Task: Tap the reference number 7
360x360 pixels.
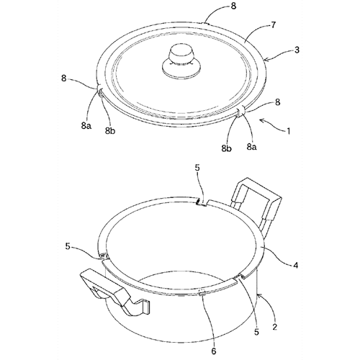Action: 274,25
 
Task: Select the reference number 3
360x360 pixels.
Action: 297,50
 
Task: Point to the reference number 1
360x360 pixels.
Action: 289,131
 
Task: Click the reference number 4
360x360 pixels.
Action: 296,265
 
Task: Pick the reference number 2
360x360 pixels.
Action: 275,327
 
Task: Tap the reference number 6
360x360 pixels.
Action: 214,351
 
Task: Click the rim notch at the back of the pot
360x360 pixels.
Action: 202,202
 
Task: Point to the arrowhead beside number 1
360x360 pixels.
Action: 261,120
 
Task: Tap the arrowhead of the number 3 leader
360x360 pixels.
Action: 266,59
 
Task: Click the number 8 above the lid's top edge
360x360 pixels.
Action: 233,6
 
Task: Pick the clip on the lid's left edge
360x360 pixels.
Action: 100,91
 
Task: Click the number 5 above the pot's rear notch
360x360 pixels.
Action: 197,168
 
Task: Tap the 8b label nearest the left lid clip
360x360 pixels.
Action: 110,130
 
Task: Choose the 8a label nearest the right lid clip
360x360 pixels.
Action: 251,146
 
